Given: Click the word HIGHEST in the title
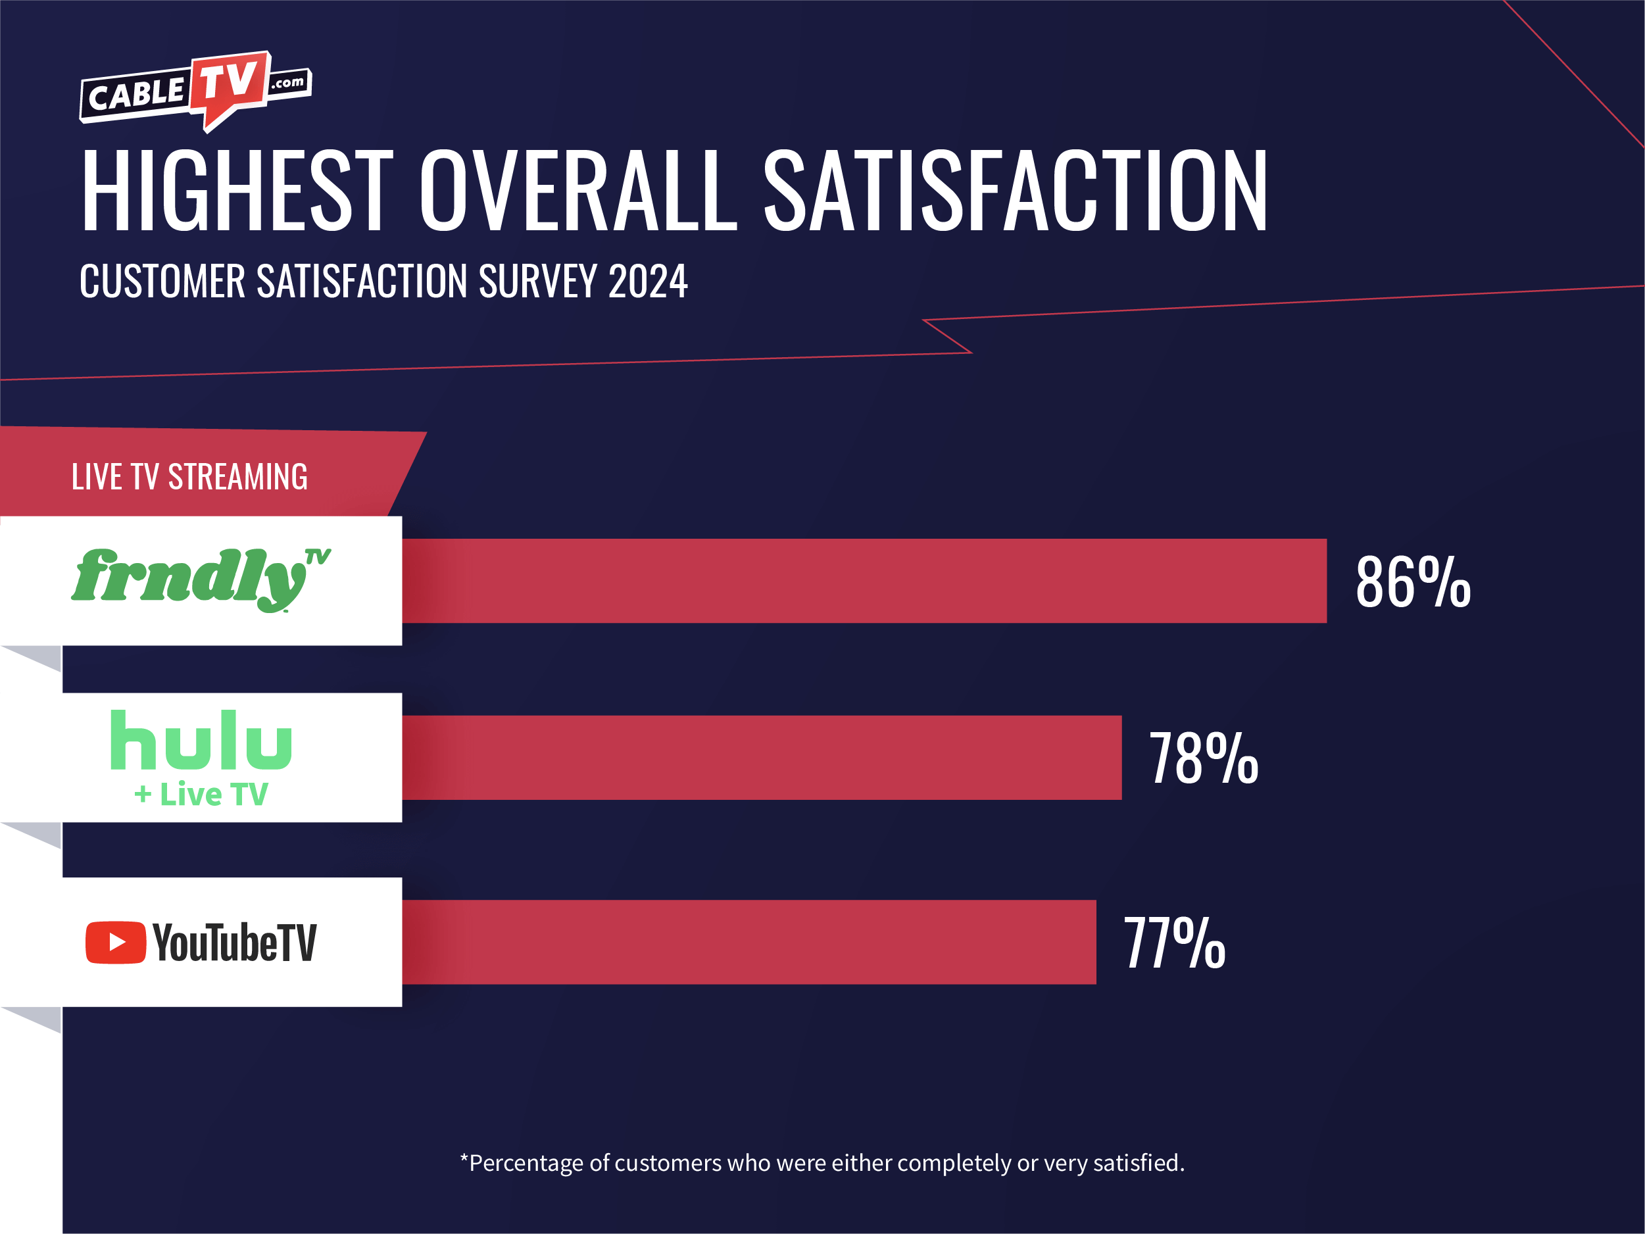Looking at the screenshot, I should (237, 190).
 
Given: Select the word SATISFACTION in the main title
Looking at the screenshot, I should (1015, 190).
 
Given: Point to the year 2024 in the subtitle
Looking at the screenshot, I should (648, 282).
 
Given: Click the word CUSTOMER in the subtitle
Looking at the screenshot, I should (162, 282).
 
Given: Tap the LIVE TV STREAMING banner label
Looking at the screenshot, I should (189, 477).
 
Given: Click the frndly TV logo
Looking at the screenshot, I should (201, 580).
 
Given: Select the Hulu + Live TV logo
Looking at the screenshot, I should (201, 757).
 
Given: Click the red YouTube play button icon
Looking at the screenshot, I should (115, 943).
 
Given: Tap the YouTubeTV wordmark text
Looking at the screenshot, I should (235, 943).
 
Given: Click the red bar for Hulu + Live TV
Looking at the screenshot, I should (762, 758).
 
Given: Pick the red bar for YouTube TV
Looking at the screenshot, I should (749, 943).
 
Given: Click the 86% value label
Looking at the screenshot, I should (1413, 582).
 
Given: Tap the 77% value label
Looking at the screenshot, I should (1174, 943).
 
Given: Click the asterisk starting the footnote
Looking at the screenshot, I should (464, 1159).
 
